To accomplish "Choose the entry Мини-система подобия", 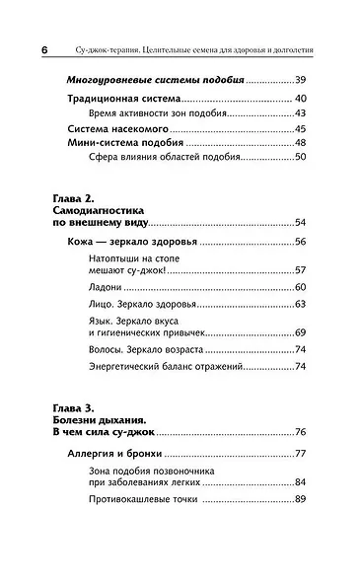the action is click(124, 144).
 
